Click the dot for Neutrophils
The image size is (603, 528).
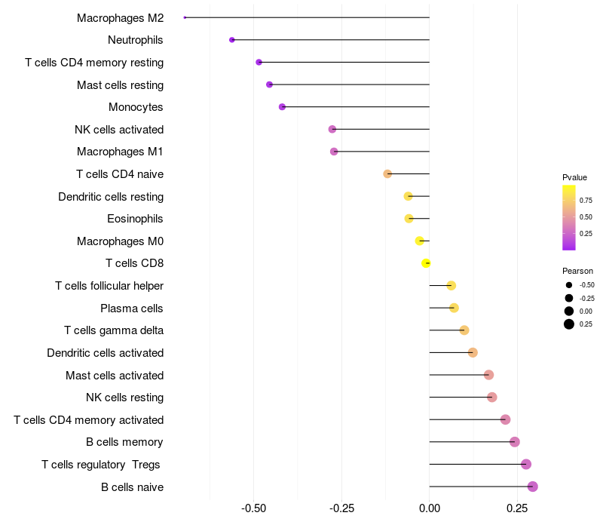click(x=232, y=40)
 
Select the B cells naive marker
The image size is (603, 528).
click(x=533, y=487)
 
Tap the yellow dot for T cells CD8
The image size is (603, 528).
click(x=426, y=263)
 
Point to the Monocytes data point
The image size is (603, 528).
click(x=283, y=107)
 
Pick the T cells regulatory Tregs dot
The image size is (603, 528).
click(x=526, y=465)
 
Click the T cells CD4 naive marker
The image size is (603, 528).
click(x=387, y=174)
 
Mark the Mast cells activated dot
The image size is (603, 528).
click(x=488, y=375)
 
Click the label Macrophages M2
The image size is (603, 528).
click(x=120, y=17)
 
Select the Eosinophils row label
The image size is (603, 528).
click(x=135, y=219)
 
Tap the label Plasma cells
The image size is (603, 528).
click(x=132, y=309)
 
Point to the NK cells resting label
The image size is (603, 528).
click(x=125, y=398)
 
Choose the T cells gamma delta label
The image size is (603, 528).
click(x=114, y=330)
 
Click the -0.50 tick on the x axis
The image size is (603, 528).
click(x=253, y=509)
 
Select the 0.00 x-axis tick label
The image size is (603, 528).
click(x=430, y=509)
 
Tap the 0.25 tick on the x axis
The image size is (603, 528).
click(x=517, y=509)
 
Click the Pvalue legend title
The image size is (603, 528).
click(x=574, y=177)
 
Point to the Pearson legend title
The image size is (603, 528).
click(x=577, y=271)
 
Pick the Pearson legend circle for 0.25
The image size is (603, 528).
click(x=568, y=324)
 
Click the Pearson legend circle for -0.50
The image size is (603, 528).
click(x=568, y=285)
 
